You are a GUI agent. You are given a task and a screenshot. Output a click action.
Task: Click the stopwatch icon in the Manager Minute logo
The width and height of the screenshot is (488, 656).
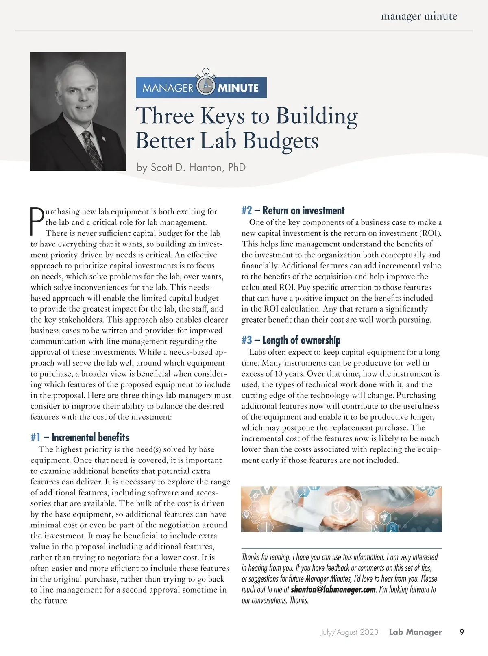tap(205, 85)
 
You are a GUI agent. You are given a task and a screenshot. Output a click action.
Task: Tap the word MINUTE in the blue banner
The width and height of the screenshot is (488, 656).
tap(238, 88)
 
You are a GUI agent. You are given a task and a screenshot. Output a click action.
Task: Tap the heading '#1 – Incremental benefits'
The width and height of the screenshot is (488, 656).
tap(80, 438)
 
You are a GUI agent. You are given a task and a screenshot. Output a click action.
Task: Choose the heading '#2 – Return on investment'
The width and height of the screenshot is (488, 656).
tap(293, 211)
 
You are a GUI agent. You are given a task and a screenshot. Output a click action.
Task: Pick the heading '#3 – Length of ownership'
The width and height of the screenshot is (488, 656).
tap(291, 340)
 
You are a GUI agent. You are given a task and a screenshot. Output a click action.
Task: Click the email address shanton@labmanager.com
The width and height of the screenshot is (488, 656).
tap(333, 590)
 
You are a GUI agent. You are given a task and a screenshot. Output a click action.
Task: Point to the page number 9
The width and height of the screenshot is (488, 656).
tap(462, 632)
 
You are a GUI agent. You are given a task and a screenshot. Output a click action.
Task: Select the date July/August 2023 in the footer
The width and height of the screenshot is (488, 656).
tap(349, 632)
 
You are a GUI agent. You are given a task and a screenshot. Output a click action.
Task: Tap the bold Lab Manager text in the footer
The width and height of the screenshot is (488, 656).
tap(415, 632)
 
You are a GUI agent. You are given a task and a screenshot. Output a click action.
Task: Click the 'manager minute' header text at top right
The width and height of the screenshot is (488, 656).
tap(419, 16)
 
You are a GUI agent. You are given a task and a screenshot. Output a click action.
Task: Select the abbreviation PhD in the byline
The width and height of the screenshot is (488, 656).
tap(237, 168)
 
